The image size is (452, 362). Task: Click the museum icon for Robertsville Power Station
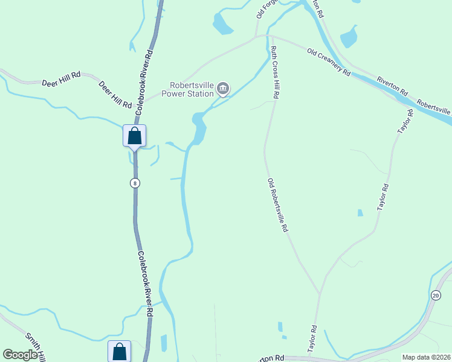[223, 90]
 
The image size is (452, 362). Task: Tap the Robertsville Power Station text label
[191, 89]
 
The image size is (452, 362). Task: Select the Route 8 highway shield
[134, 182]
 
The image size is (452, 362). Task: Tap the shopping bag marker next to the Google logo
[119, 351]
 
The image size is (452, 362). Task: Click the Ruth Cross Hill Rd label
[274, 72]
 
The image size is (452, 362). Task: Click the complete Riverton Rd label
[392, 88]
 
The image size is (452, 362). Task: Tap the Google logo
[20, 355]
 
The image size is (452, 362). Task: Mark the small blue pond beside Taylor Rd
[360, 212]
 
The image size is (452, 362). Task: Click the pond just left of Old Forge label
[222, 24]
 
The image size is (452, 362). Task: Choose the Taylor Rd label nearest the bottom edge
[312, 339]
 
